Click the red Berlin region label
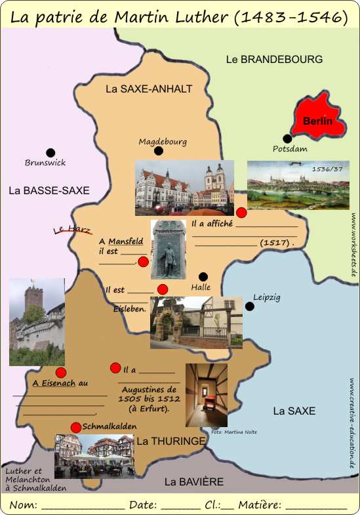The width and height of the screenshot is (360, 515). [317, 121]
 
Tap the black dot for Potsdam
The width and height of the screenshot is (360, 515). [287, 138]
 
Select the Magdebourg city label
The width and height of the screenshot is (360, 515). [163, 141]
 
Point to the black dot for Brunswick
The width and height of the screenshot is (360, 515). [50, 152]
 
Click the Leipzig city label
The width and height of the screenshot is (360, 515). [266, 297]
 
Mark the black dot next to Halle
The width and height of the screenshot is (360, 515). [203, 276]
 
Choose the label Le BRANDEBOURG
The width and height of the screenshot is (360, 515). [274, 59]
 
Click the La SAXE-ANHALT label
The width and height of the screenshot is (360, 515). [149, 89]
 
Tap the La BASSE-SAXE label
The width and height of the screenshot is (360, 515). [49, 190]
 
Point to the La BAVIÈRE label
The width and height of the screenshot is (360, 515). [193, 482]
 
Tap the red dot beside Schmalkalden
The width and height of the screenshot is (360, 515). [76, 426]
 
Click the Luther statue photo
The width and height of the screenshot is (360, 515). [168, 250]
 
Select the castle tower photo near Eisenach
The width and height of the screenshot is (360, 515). [37, 321]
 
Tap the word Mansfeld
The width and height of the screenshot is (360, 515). [126, 241]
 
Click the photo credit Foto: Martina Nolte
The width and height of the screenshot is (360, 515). [234, 432]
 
